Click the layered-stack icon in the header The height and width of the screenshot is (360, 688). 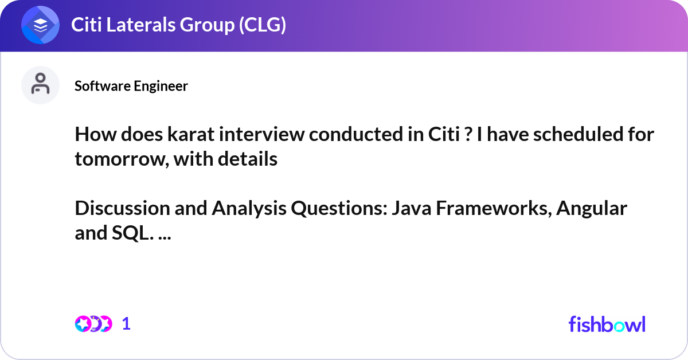[x=40, y=25]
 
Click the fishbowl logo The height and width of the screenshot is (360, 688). [x=607, y=324]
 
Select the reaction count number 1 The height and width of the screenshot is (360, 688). [x=127, y=324]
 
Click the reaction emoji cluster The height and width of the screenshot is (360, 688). [x=93, y=324]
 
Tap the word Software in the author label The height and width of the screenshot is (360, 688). [x=103, y=86]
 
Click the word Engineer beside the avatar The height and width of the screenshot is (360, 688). [x=161, y=86]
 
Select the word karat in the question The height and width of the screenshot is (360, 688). [x=187, y=135]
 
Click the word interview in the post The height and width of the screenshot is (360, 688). [x=259, y=135]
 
